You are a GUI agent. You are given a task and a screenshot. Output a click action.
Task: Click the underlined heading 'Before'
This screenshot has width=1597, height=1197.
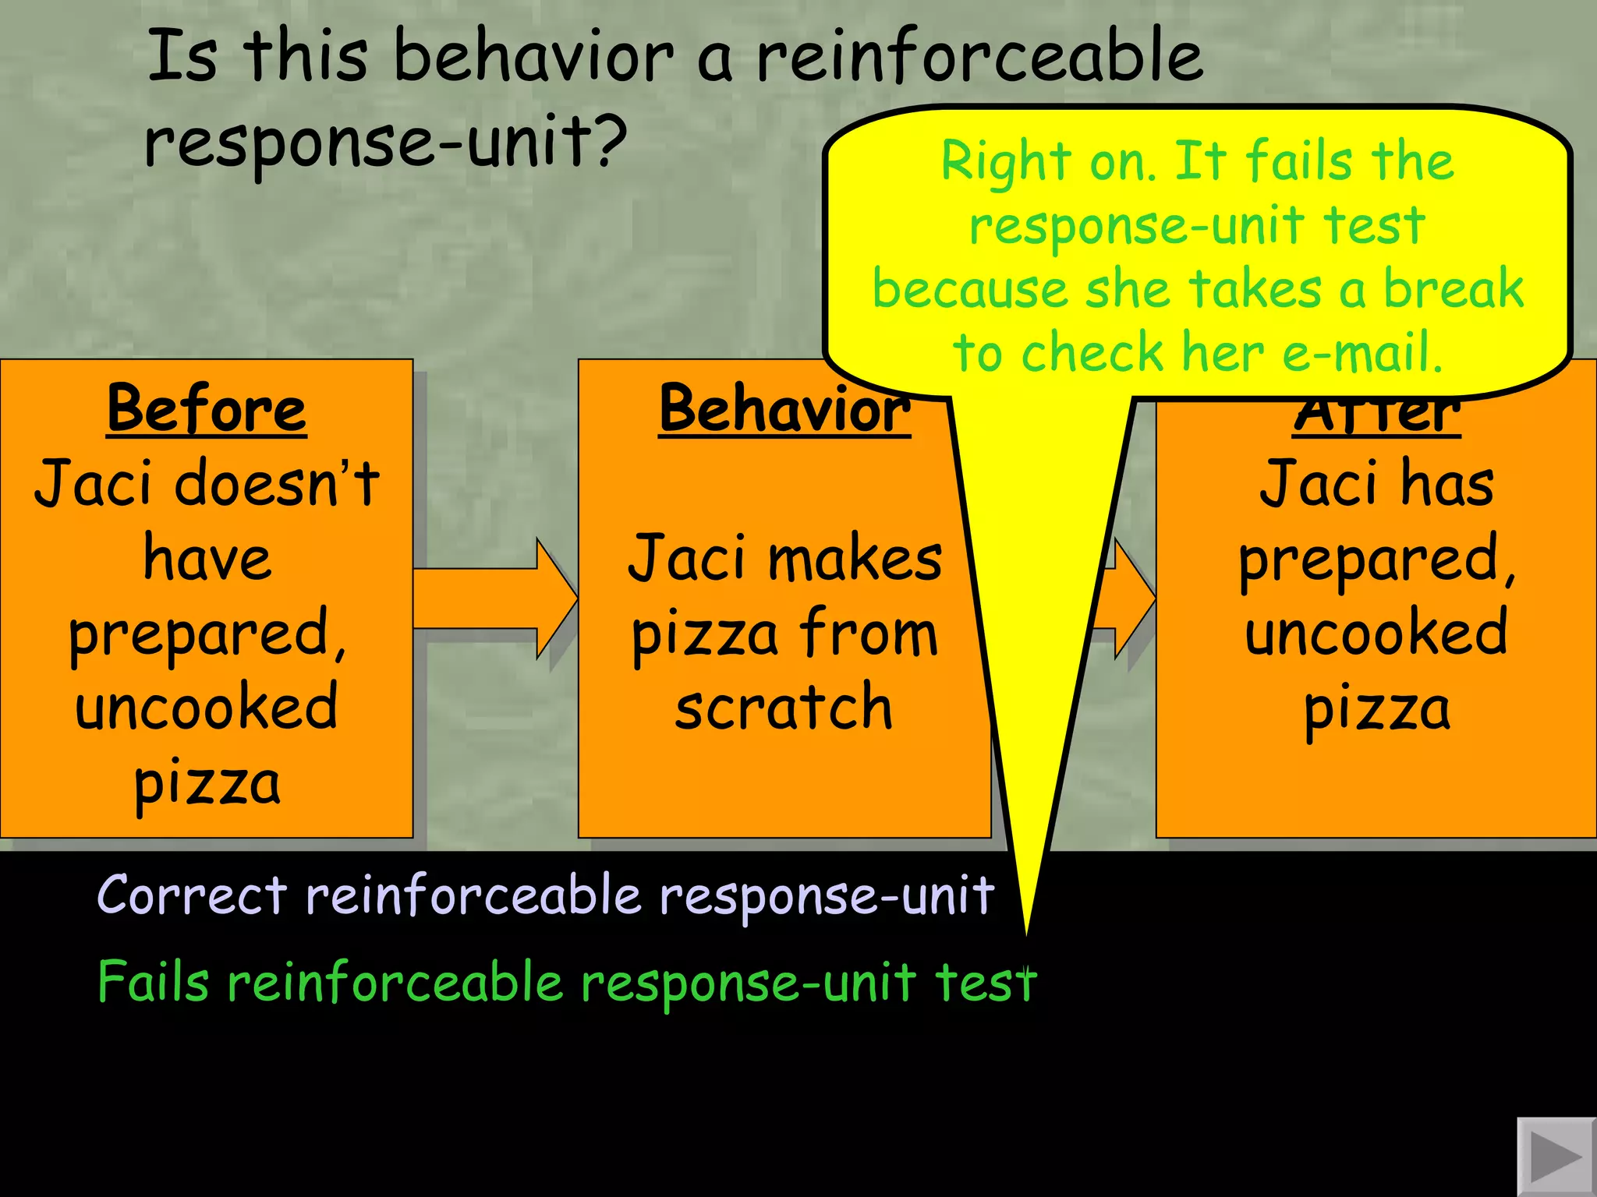click(x=207, y=409)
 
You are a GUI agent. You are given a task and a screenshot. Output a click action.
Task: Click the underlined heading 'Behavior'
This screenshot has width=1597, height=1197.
click(x=784, y=409)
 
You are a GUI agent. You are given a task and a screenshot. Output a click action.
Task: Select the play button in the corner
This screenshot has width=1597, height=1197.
click(x=1555, y=1156)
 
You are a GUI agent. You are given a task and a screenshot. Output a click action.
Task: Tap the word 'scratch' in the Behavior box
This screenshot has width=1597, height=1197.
click(x=783, y=708)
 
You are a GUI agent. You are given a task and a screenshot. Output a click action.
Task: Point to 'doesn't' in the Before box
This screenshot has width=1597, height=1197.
click(x=277, y=483)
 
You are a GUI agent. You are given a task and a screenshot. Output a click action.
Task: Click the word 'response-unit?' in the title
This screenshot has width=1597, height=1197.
click(x=386, y=140)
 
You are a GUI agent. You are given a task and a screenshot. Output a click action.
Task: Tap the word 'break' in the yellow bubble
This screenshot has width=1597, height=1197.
click(x=1453, y=288)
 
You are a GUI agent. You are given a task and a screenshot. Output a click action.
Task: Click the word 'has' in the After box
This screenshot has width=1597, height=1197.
click(x=1447, y=483)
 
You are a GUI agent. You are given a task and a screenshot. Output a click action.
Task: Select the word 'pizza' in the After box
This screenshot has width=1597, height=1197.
click(x=1376, y=709)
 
